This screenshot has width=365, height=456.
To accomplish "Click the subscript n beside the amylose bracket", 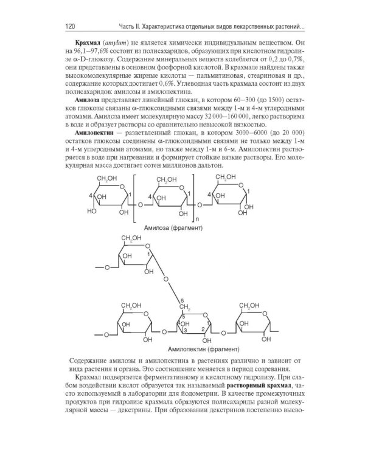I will coord(195,218).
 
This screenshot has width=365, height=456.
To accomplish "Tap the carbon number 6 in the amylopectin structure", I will coord(181,300).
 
